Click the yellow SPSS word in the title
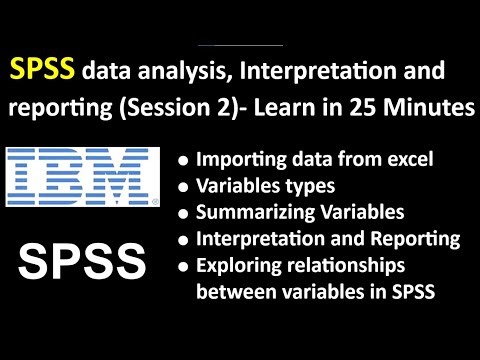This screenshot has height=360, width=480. coord(43,69)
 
